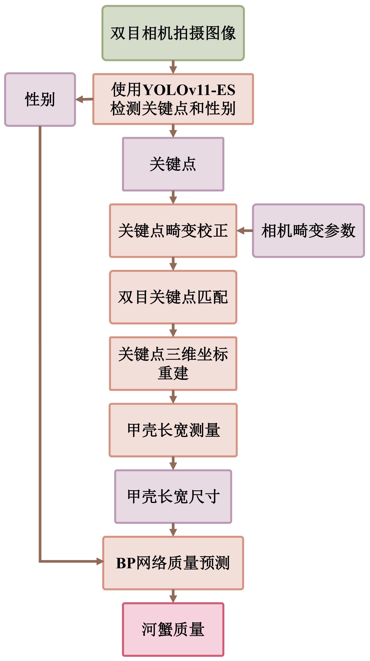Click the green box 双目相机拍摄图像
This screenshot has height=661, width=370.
173,33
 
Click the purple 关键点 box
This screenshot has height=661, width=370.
173,164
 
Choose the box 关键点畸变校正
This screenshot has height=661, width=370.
173,230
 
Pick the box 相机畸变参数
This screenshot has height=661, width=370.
308,230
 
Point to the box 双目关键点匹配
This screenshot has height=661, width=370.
173,297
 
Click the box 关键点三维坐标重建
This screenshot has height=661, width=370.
173,363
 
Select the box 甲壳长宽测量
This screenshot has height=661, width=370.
173,430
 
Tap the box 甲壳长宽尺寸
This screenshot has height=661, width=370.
173,496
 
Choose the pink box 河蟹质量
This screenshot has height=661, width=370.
173,629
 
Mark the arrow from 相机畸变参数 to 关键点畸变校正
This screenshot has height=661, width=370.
244,230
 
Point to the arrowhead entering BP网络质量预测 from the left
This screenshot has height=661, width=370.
100,561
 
